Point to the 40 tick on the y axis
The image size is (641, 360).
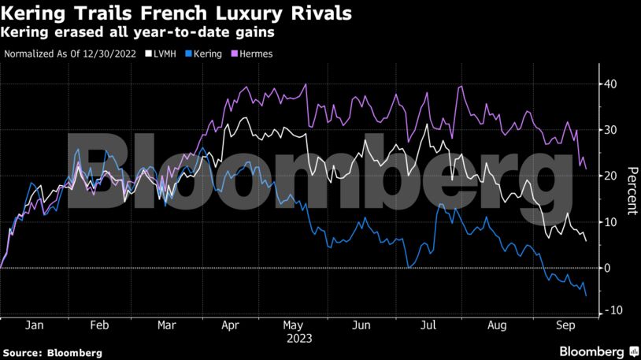[610, 84]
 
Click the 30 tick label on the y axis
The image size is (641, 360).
[610, 130]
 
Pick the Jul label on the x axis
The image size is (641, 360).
[429, 325]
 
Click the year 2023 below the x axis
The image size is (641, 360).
[299, 339]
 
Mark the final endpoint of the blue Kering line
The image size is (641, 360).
[586, 295]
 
